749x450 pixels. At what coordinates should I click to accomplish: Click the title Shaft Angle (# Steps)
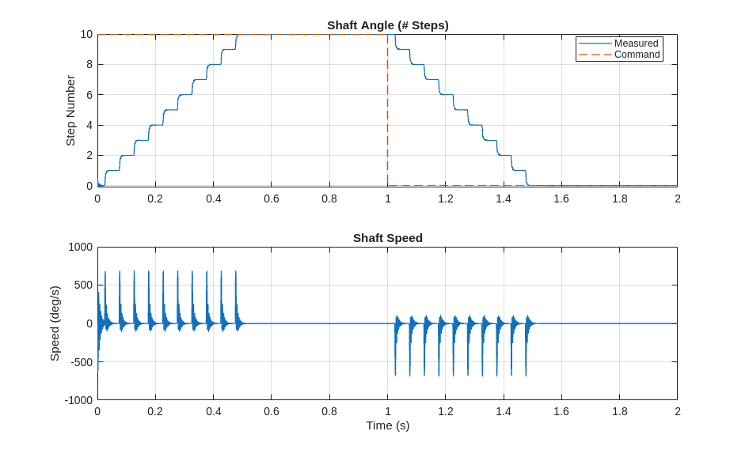pos(387,25)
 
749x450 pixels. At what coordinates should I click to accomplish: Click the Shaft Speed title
pos(387,238)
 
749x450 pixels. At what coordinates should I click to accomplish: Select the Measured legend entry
pos(636,43)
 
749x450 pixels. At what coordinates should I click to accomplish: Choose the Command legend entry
pos(637,55)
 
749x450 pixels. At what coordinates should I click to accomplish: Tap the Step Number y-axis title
pos(70,110)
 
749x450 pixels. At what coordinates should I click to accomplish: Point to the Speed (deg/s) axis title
pos(55,323)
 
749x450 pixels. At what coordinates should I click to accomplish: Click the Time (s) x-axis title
pos(387,425)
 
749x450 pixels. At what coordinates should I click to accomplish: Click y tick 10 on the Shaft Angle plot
pos(86,34)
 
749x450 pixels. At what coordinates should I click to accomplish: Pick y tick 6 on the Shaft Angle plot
pos(89,95)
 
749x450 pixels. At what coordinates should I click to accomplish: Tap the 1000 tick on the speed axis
pos(81,247)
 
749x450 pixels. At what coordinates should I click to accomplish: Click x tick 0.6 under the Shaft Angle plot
pos(272,199)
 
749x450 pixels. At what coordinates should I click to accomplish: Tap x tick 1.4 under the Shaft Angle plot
pos(504,199)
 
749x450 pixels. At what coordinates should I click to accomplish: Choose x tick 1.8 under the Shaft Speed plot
pos(619,411)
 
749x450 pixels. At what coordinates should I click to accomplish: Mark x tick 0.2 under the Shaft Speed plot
pos(155,411)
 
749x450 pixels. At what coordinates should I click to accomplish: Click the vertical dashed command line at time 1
pos(387,111)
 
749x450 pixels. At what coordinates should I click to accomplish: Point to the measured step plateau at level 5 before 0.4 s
pos(171,110)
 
